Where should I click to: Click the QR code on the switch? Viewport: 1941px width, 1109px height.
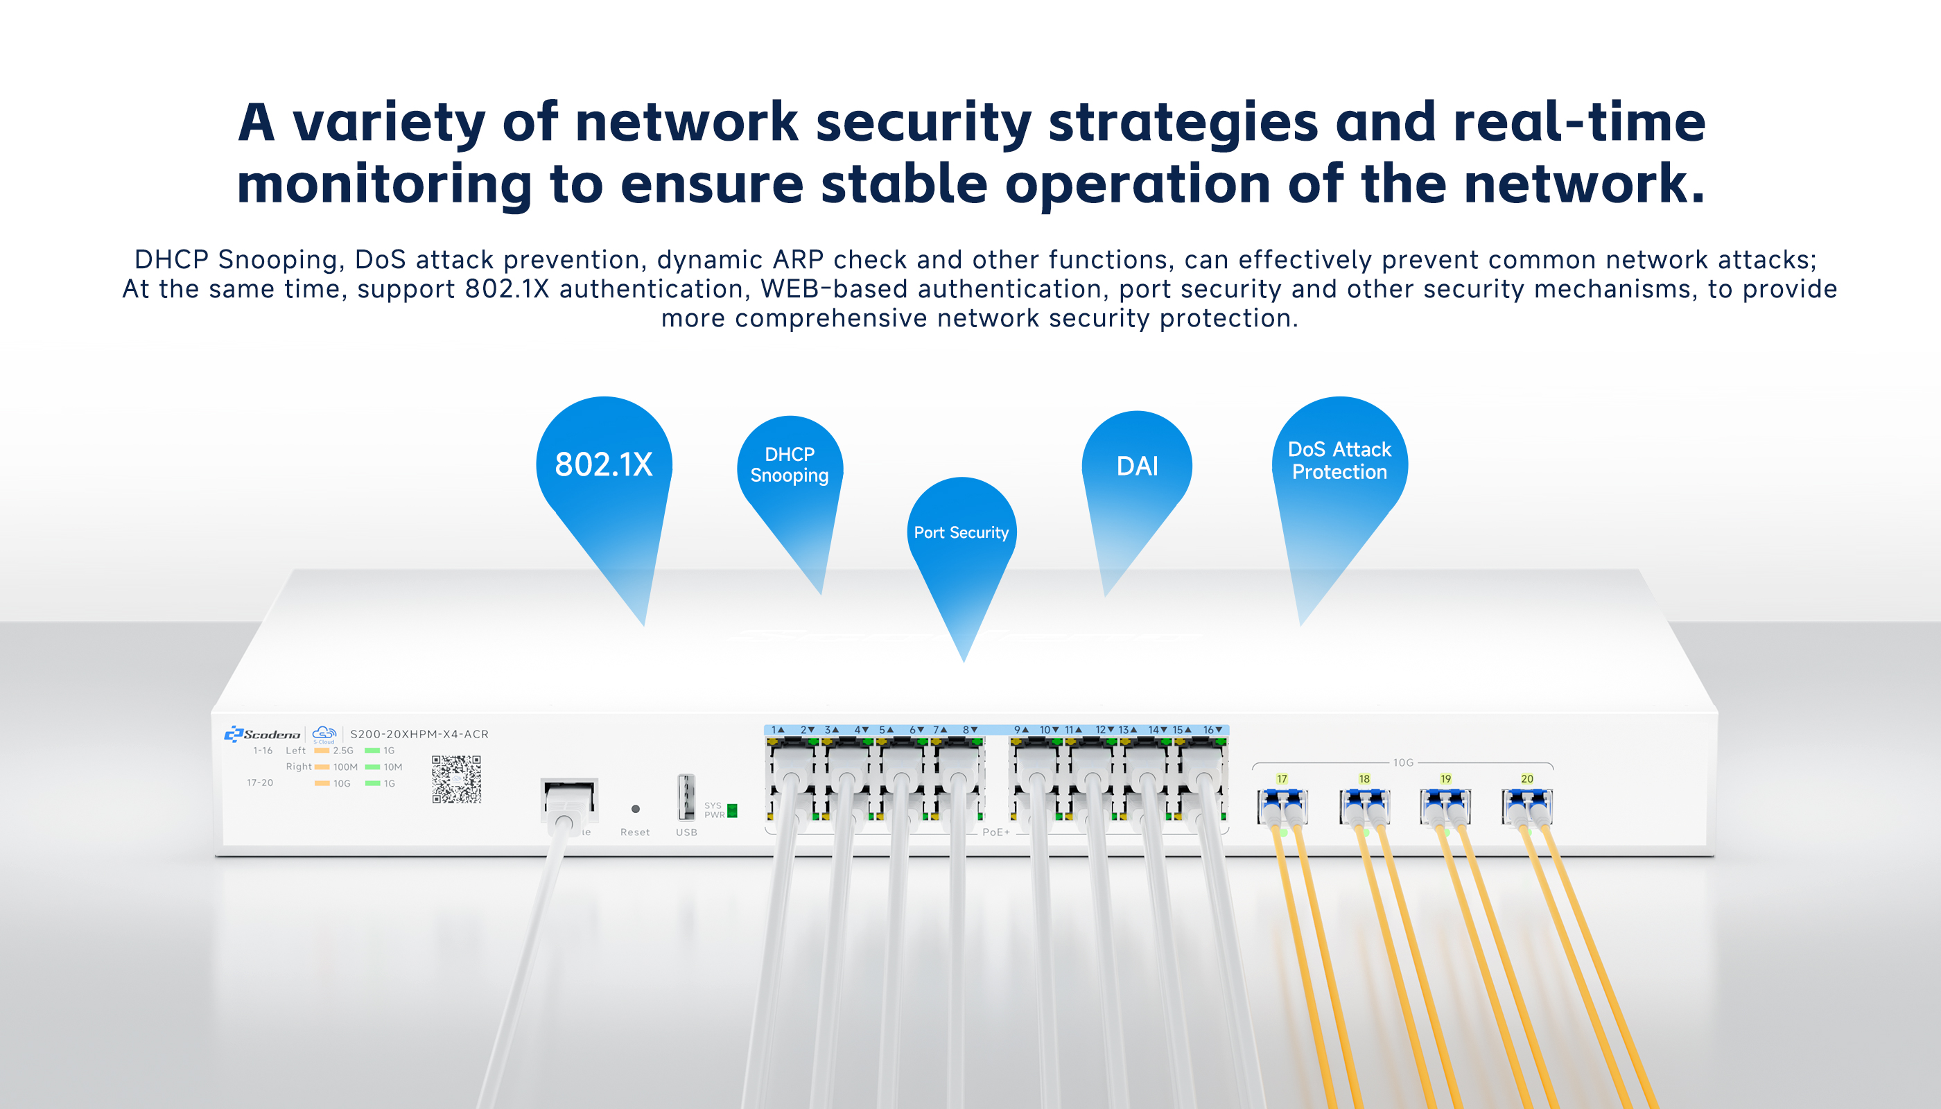[x=456, y=779]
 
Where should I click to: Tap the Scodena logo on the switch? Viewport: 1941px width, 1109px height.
[x=263, y=733]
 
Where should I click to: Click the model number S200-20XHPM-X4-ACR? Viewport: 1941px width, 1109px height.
[x=419, y=734]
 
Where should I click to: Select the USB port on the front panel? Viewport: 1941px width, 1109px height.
[x=686, y=796]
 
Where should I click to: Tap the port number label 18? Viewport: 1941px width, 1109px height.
[x=1364, y=778]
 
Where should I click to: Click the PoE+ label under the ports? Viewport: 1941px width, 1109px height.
[x=995, y=832]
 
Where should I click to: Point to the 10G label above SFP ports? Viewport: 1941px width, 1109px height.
[x=1403, y=762]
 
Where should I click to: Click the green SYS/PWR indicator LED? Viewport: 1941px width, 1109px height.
[x=732, y=810]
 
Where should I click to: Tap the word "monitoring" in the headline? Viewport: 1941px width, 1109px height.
[x=384, y=185]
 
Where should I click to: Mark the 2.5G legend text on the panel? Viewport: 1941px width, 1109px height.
[x=344, y=750]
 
